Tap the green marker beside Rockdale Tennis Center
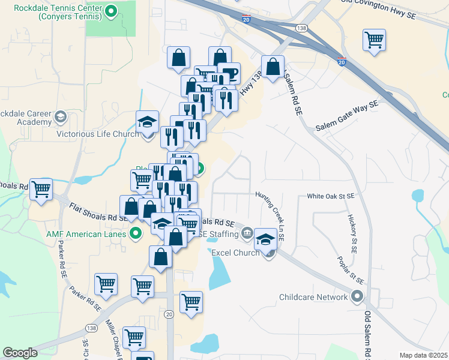[x=111, y=11]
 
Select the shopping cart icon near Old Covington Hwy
[x=374, y=40]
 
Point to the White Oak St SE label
[x=330, y=196]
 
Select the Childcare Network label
[x=313, y=297]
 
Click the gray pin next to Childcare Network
[x=358, y=297]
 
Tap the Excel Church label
[x=235, y=253]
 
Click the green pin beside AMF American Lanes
[x=136, y=233]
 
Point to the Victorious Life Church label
[x=98, y=134]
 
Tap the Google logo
[x=20, y=353]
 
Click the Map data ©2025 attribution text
[x=423, y=355]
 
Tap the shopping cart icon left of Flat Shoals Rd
[x=41, y=189]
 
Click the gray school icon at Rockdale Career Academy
[x=60, y=116]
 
